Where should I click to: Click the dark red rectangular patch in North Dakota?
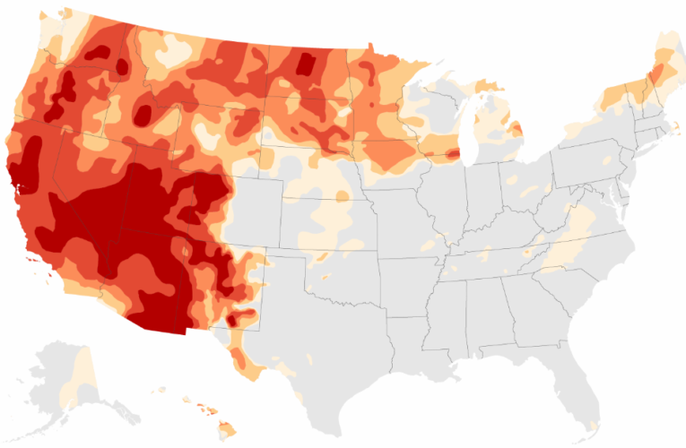click(x=306, y=65)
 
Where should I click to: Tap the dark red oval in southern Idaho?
click(x=143, y=114)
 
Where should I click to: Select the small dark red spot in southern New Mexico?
click(x=238, y=318)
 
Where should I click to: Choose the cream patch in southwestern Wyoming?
click(x=206, y=139)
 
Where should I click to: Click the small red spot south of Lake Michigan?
click(x=453, y=155)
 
